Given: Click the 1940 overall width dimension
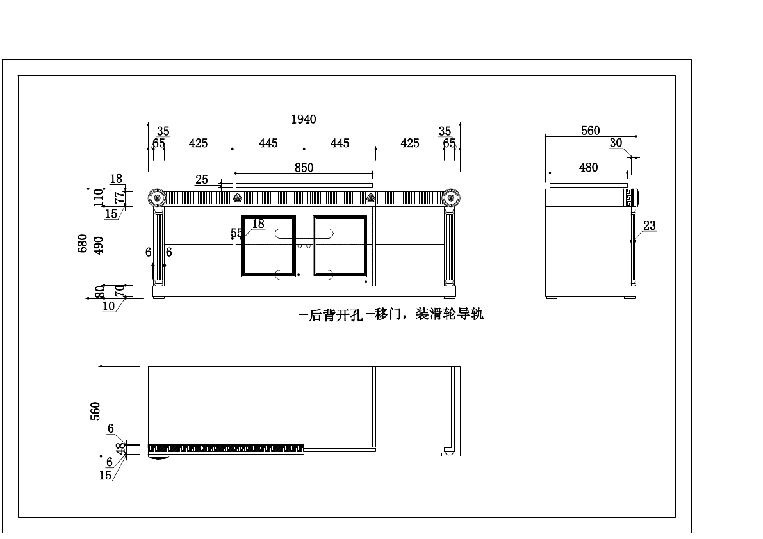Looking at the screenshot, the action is (x=304, y=119).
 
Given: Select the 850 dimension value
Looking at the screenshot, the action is (x=304, y=168).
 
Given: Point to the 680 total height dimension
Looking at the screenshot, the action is (x=83, y=244).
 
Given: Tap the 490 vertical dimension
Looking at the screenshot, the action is (x=98, y=244).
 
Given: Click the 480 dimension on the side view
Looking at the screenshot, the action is (x=588, y=168).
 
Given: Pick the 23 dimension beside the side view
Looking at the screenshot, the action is (x=650, y=225).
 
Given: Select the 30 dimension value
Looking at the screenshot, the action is (x=616, y=143).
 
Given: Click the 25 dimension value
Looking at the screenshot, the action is (x=202, y=180).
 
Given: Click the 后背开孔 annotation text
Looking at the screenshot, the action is (x=336, y=316).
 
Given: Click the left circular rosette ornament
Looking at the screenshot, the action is (x=157, y=198).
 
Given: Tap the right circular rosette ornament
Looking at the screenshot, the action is (x=451, y=198).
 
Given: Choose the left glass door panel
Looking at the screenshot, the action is (x=268, y=245).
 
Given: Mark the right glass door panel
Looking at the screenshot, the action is (x=340, y=245).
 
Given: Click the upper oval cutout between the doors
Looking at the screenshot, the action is (x=304, y=232).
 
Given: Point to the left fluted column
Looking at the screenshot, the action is (x=158, y=245).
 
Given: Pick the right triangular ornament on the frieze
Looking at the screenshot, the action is (x=371, y=198).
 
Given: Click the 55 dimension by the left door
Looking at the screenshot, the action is (x=236, y=234).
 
